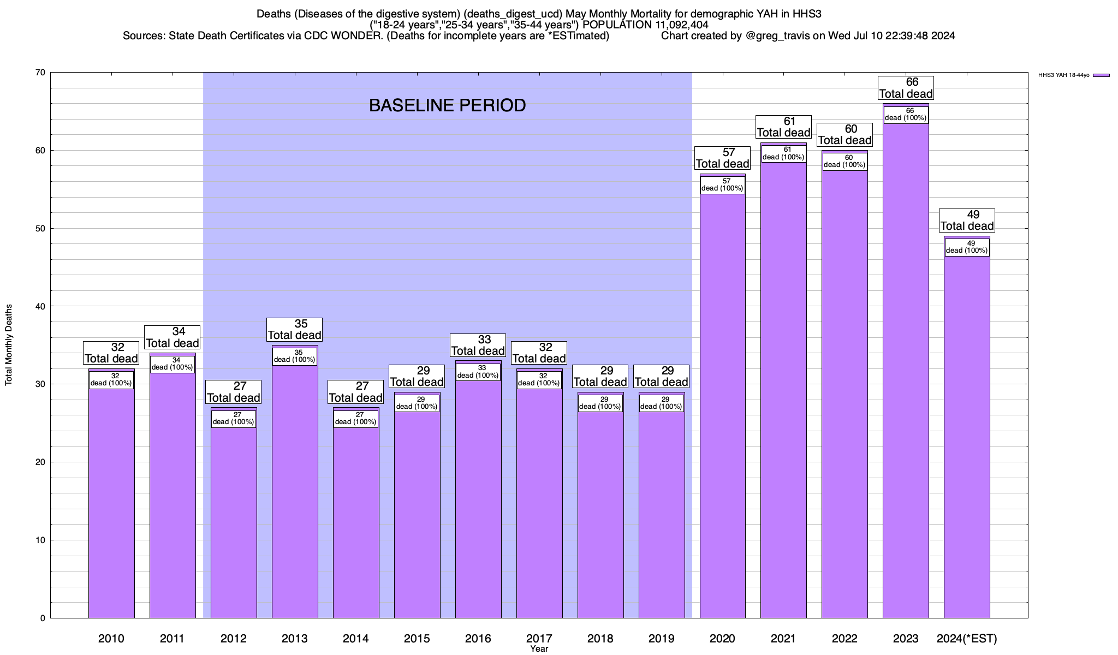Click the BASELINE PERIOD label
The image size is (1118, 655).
pos(447,105)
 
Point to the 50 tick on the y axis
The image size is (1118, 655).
pos(41,229)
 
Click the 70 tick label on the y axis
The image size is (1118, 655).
pos(41,73)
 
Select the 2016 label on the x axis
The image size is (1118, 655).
pos(478,639)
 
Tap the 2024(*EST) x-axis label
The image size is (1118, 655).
pos(967,639)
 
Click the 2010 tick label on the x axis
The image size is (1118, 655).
pos(111,639)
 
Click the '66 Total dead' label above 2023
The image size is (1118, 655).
pos(906,88)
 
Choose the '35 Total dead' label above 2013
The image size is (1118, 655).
pos(295,330)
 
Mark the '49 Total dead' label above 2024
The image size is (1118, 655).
pos(967,221)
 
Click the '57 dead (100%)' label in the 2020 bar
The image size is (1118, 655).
pos(722,185)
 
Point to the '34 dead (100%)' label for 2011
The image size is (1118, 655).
pos(172,364)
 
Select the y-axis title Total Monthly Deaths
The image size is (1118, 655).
pos(9,345)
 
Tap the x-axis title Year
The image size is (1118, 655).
pos(539,649)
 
